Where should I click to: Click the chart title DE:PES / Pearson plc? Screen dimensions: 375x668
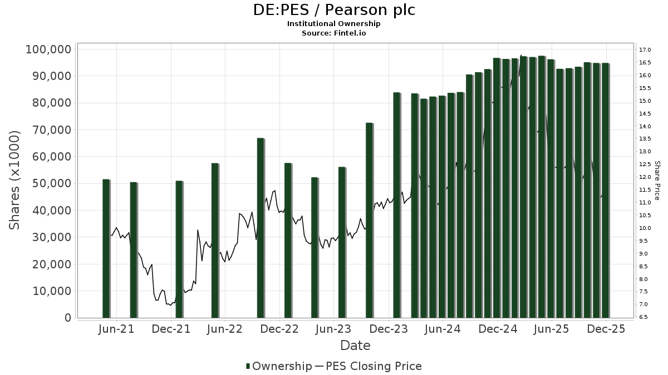coord(333,10)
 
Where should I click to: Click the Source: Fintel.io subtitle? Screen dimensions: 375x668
coord(333,33)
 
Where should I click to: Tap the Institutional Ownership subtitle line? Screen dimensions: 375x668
coord(333,24)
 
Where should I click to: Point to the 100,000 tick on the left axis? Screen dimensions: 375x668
coord(48,49)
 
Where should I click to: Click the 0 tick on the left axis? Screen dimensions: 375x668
coord(67,318)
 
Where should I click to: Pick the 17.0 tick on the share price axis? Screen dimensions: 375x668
coord(646,50)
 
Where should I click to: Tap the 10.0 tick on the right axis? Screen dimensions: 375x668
coord(646,228)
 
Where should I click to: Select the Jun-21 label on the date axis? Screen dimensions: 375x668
coord(116,329)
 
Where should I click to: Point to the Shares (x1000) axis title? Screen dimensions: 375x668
coord(15,180)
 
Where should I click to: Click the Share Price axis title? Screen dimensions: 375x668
coord(657,181)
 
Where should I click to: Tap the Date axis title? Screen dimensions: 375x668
coord(355,346)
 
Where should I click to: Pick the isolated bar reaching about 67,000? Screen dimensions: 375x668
coord(261,228)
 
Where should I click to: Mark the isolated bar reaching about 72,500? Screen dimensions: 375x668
coord(369,220)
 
